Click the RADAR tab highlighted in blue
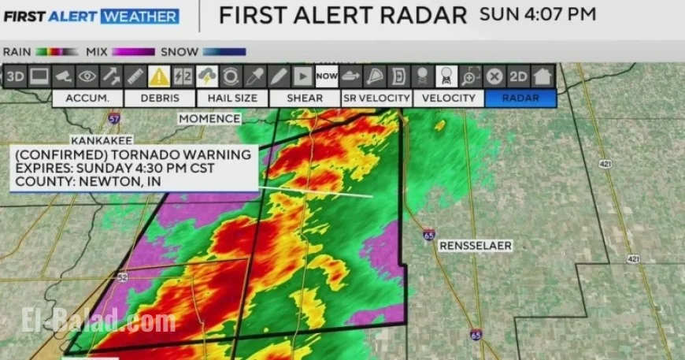520,98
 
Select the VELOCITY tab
449,98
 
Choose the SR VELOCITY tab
377,98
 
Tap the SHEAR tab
305,98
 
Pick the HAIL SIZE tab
233,98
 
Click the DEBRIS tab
161,98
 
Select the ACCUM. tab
88,98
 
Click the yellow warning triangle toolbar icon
159,76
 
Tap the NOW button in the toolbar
326,76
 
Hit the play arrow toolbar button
302,76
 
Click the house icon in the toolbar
542,76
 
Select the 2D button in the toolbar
518,76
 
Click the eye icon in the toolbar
87,76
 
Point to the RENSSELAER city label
476,246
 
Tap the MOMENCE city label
209,118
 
